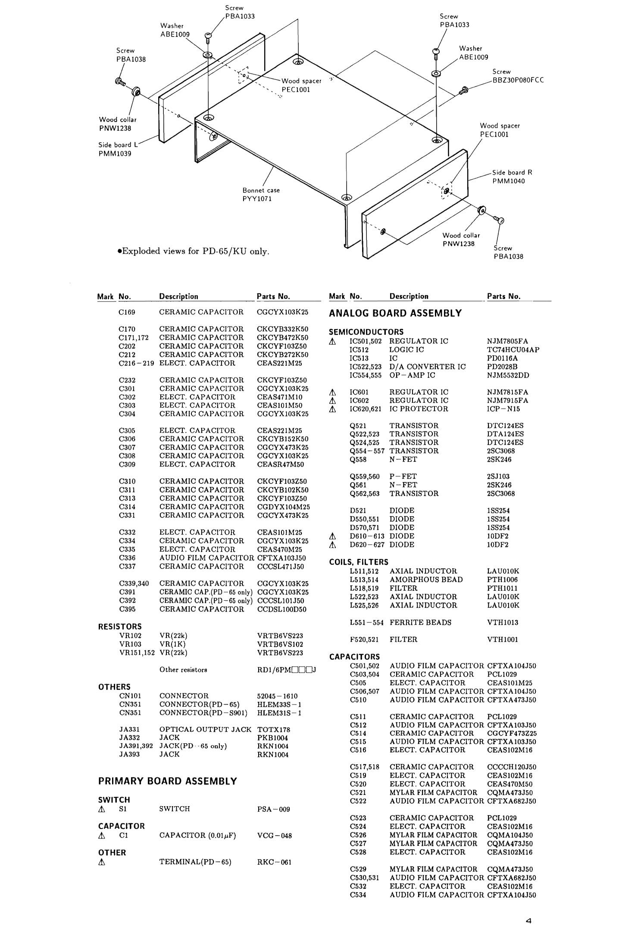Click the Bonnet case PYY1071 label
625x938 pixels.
261,194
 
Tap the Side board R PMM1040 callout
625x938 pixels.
512,177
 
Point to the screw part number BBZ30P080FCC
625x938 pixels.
518,80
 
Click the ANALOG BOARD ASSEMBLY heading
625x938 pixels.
395,313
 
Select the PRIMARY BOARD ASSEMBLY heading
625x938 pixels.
168,781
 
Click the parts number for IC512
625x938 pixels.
512,349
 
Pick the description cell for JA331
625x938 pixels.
205,729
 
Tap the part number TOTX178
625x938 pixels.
273,729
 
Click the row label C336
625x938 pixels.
127,558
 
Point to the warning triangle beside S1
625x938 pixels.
102,809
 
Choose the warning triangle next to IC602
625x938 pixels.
332,401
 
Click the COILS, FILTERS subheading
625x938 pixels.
358,562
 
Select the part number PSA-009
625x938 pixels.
273,809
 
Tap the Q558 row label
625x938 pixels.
358,459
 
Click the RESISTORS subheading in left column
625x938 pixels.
120,626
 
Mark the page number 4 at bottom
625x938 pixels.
528,921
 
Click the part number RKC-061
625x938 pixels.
274,862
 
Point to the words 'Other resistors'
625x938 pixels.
183,670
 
